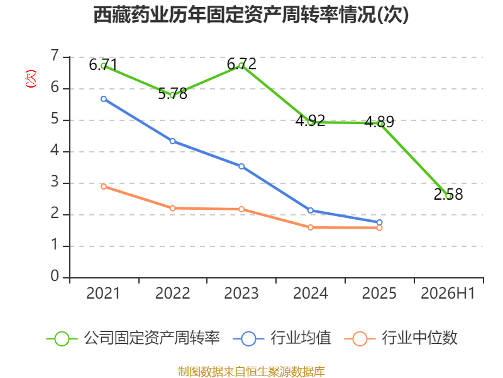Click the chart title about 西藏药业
tap(251, 14)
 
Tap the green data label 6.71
tap(103, 65)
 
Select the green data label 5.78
tap(172, 93)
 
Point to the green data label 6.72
tap(241, 64)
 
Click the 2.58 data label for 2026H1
tap(448, 194)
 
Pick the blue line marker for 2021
tap(104, 99)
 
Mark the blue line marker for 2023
tap(241, 166)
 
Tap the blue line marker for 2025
tap(380, 222)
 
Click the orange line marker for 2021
tap(104, 186)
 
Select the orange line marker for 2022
tap(172, 209)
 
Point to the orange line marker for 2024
tap(311, 227)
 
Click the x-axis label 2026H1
tap(448, 293)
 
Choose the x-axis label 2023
tap(241, 293)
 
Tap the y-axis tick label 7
tap(55, 55)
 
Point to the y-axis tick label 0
tap(55, 276)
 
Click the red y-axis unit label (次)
tap(31, 79)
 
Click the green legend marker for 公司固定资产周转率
tap(62, 339)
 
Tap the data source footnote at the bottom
tap(251, 372)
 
